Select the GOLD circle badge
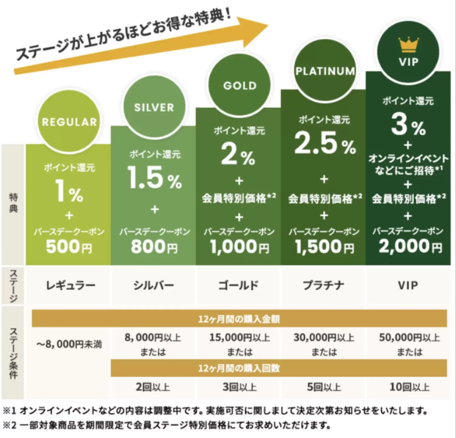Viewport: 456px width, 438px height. click(x=238, y=84)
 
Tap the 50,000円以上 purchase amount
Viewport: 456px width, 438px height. click(x=409, y=337)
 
